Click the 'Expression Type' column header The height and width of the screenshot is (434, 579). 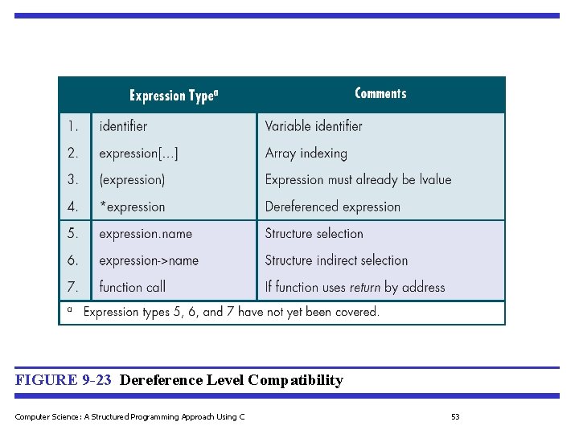[x=174, y=96]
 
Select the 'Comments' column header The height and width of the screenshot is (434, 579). [x=380, y=93]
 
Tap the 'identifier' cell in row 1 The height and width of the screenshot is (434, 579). [x=123, y=126]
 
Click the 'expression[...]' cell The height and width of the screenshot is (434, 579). [x=138, y=153]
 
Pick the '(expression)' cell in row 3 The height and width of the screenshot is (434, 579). [x=132, y=180]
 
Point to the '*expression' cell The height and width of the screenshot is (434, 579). [x=132, y=207]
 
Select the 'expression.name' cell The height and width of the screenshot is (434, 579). [x=146, y=234]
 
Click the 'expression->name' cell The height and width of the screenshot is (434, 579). [x=149, y=260]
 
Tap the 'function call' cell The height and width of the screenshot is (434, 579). [x=132, y=287]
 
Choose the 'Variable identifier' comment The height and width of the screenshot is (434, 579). [x=314, y=126]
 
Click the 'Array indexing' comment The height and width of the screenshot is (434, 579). [x=306, y=153]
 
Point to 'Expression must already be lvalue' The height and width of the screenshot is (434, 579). [x=359, y=180]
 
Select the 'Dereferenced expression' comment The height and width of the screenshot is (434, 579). [x=333, y=207]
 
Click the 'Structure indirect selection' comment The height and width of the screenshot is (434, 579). [x=337, y=260]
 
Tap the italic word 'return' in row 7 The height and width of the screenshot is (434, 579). [x=365, y=288]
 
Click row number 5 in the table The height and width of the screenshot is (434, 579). [x=73, y=234]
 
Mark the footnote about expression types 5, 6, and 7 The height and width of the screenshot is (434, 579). [x=231, y=312]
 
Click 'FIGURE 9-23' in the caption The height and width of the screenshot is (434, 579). [x=63, y=380]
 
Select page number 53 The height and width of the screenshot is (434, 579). [x=455, y=416]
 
